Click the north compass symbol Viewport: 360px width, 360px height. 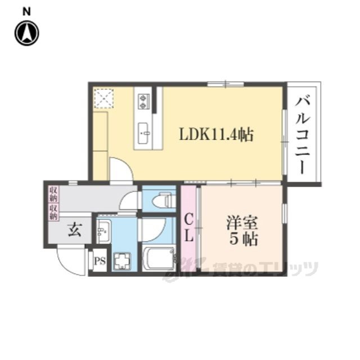point(27,33)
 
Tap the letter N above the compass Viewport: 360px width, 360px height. point(26,12)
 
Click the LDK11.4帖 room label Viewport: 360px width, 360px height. point(216,135)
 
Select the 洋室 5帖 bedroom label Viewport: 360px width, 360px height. point(242,230)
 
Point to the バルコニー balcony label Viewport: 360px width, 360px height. point(303,136)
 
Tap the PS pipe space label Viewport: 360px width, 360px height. point(100,261)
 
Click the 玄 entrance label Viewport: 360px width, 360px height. point(75,230)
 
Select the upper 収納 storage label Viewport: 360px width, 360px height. point(53,194)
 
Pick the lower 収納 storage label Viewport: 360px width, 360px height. point(53,213)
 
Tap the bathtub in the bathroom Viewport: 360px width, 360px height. point(158,259)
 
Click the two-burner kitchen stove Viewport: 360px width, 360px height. point(144,101)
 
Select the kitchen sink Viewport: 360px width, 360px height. point(143,133)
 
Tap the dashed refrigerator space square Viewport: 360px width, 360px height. point(104,98)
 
